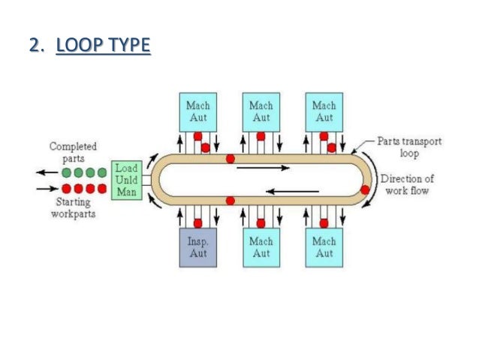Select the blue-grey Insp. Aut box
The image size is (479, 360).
(x=197, y=248)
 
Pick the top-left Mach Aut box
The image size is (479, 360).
(x=198, y=112)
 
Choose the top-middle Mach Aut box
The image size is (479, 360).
(x=261, y=112)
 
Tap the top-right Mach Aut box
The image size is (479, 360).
(x=324, y=112)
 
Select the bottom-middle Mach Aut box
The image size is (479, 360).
(x=261, y=248)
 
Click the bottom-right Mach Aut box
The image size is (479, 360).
(x=324, y=248)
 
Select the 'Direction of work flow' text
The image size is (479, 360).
(x=408, y=185)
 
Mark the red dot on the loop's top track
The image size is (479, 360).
(x=230, y=159)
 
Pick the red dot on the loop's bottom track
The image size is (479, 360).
(x=230, y=201)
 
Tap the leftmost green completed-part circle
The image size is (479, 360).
(x=65, y=171)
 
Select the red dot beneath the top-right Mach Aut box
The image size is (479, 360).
(x=324, y=137)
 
